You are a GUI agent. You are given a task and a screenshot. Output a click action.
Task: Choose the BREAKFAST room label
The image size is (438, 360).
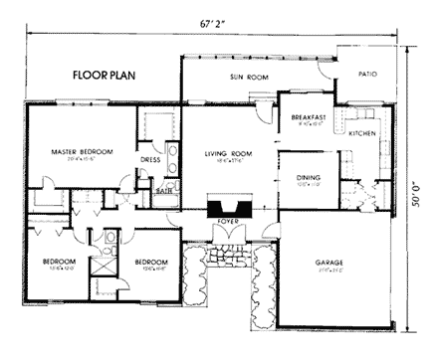coord(310,116)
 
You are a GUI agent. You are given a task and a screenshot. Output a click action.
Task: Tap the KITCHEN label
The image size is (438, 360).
coord(362,132)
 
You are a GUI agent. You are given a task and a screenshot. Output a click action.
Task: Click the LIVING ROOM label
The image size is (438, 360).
coord(224,153)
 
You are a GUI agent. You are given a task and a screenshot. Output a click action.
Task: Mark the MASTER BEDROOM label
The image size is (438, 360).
coord(82,151)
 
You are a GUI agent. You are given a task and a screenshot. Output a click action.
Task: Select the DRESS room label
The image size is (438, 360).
coord(150,159)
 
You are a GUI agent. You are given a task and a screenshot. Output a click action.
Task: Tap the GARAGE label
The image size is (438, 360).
coord(328,263)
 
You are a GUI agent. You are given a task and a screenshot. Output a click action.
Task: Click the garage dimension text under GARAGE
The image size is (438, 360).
coord(328,270)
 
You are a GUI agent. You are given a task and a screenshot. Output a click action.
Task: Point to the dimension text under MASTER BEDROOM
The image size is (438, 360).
coord(82,159)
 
